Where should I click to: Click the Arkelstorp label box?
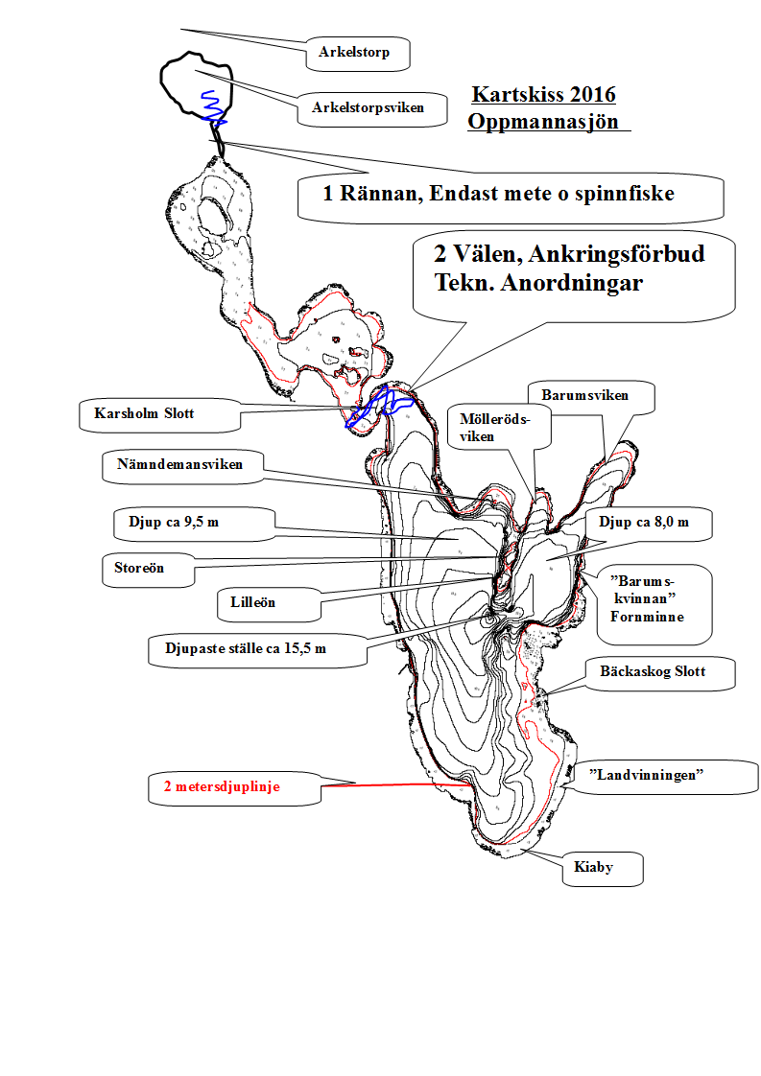[x=354, y=53]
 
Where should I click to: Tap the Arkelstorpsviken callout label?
[x=367, y=108]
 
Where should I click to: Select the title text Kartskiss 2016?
[x=543, y=96]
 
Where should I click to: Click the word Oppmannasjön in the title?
[x=543, y=123]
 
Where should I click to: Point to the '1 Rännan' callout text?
[x=498, y=194]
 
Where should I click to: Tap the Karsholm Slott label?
[x=144, y=414]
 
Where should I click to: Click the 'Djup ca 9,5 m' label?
[x=181, y=523]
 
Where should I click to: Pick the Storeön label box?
[x=135, y=568]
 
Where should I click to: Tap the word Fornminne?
[x=647, y=617]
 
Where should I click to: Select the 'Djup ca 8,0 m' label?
[x=643, y=523]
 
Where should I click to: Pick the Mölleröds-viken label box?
[x=495, y=426]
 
